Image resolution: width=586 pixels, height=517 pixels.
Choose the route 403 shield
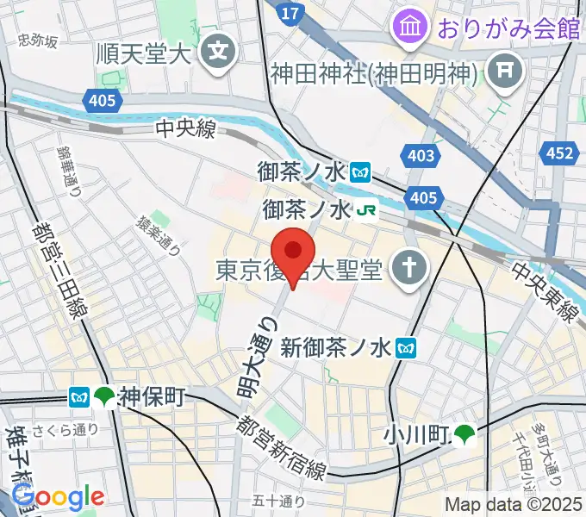click(x=418, y=156)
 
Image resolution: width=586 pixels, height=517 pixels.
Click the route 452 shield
click(x=558, y=154)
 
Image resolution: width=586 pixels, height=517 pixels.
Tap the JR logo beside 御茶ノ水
click(x=369, y=209)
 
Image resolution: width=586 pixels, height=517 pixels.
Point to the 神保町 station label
click(x=153, y=397)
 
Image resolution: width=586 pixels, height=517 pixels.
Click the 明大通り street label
click(x=258, y=356)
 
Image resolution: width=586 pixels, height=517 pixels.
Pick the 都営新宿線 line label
click(x=284, y=448)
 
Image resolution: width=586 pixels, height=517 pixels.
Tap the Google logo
click(x=58, y=497)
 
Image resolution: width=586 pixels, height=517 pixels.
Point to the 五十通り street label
click(x=278, y=501)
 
